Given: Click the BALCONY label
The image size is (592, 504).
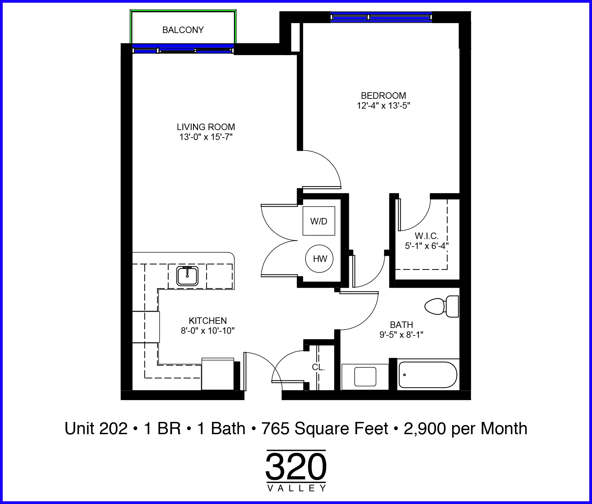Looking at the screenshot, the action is point(183,30).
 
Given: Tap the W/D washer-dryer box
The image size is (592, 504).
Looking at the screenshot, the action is point(319,221).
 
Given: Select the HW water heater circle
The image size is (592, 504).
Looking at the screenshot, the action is point(320,258).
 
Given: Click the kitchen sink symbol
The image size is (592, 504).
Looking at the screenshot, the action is point(187,276).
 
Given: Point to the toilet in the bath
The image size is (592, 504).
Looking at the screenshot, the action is point(442,306).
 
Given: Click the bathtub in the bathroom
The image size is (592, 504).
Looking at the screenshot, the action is point(428,375).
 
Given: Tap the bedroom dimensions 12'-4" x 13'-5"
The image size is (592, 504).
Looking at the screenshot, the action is point(383,106).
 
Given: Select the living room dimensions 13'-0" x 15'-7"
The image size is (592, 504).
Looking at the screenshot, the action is point(206,137).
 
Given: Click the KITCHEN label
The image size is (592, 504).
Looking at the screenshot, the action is point(208,320).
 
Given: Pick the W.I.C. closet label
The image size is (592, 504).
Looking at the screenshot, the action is point(427,236).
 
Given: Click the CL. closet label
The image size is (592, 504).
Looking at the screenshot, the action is point(319,367).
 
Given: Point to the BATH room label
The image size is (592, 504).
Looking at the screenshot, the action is point(401,325).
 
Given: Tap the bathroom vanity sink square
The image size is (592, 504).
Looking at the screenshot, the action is point(365,376).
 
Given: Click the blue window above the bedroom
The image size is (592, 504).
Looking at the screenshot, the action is point(381,17).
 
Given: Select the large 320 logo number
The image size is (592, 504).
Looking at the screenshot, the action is point(296,467).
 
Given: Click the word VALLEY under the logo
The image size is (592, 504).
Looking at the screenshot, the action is point(296,488).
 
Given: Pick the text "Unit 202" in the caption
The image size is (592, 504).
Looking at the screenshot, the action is point(96,428).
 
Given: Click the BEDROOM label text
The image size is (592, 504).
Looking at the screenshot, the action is point(383,96).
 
